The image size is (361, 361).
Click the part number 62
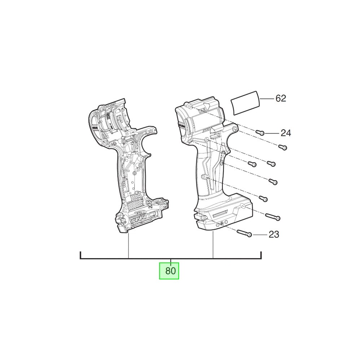[280, 98]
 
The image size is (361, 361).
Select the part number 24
[286, 133]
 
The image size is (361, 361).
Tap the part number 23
[274, 234]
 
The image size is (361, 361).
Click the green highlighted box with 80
[169, 271]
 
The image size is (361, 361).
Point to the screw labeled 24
[260, 132]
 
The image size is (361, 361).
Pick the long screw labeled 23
[244, 233]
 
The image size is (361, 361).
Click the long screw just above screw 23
[273, 217]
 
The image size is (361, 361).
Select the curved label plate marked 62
[245, 103]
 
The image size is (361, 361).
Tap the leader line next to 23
[260, 235]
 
